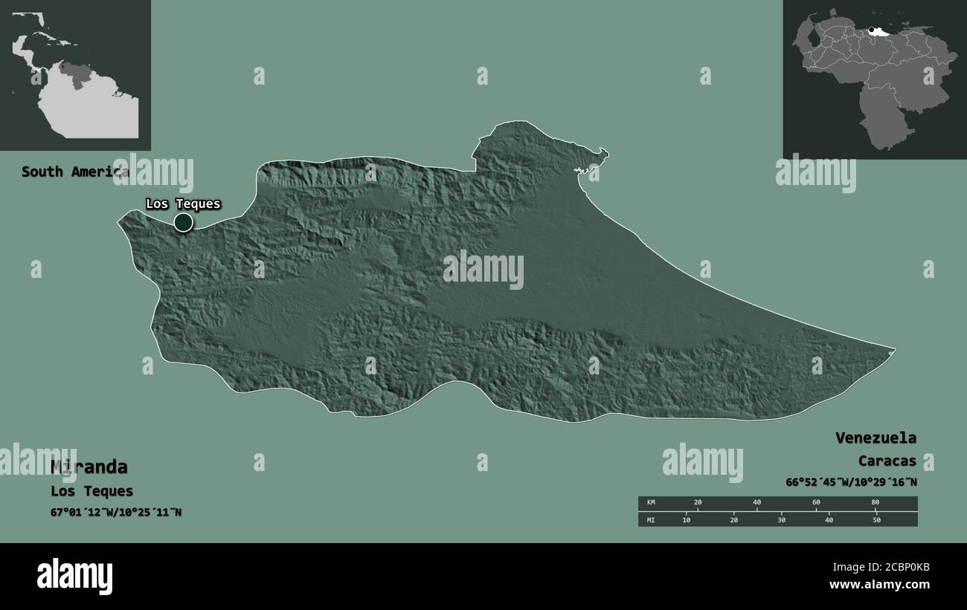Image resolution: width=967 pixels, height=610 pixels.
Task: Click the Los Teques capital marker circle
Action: tap(183, 222)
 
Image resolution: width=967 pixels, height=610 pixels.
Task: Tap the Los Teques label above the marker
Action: tap(183, 204)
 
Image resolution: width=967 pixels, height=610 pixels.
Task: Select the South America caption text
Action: tap(74, 172)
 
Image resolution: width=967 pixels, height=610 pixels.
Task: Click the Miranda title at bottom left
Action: tap(89, 467)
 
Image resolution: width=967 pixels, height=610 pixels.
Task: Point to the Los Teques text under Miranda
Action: tap(91, 491)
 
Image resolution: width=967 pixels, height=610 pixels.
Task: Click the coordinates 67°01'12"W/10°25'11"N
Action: tap(116, 512)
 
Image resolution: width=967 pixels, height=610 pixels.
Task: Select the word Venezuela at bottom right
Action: tap(876, 438)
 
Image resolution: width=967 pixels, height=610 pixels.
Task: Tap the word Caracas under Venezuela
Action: tap(887, 461)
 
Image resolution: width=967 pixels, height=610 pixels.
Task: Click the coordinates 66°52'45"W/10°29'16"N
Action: tap(851, 482)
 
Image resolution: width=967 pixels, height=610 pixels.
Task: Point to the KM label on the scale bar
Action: tap(652, 503)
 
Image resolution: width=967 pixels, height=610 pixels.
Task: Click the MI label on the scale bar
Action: tap(651, 519)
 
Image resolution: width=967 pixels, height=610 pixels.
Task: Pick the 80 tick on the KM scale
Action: tap(875, 503)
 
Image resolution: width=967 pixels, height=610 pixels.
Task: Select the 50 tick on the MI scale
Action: tap(876, 519)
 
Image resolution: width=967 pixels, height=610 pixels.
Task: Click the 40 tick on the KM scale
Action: tap(756, 503)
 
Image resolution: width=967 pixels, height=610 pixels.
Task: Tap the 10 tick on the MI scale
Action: tap(687, 519)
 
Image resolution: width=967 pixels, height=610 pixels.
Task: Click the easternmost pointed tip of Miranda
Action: tap(893, 348)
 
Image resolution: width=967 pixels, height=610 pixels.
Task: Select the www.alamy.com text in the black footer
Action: tap(879, 585)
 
